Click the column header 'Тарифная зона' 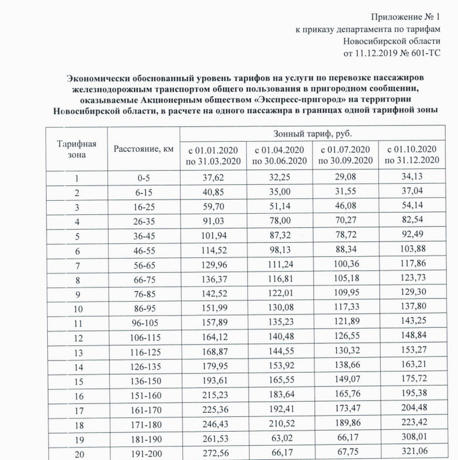[x=77, y=149]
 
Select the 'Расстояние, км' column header [x=143, y=149]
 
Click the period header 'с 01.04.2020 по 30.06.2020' [x=279, y=155]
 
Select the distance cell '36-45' [x=144, y=235]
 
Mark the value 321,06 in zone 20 [x=413, y=452]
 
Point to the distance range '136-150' [x=144, y=381]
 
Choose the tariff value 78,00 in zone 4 [x=279, y=221]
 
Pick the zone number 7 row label [x=77, y=264]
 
